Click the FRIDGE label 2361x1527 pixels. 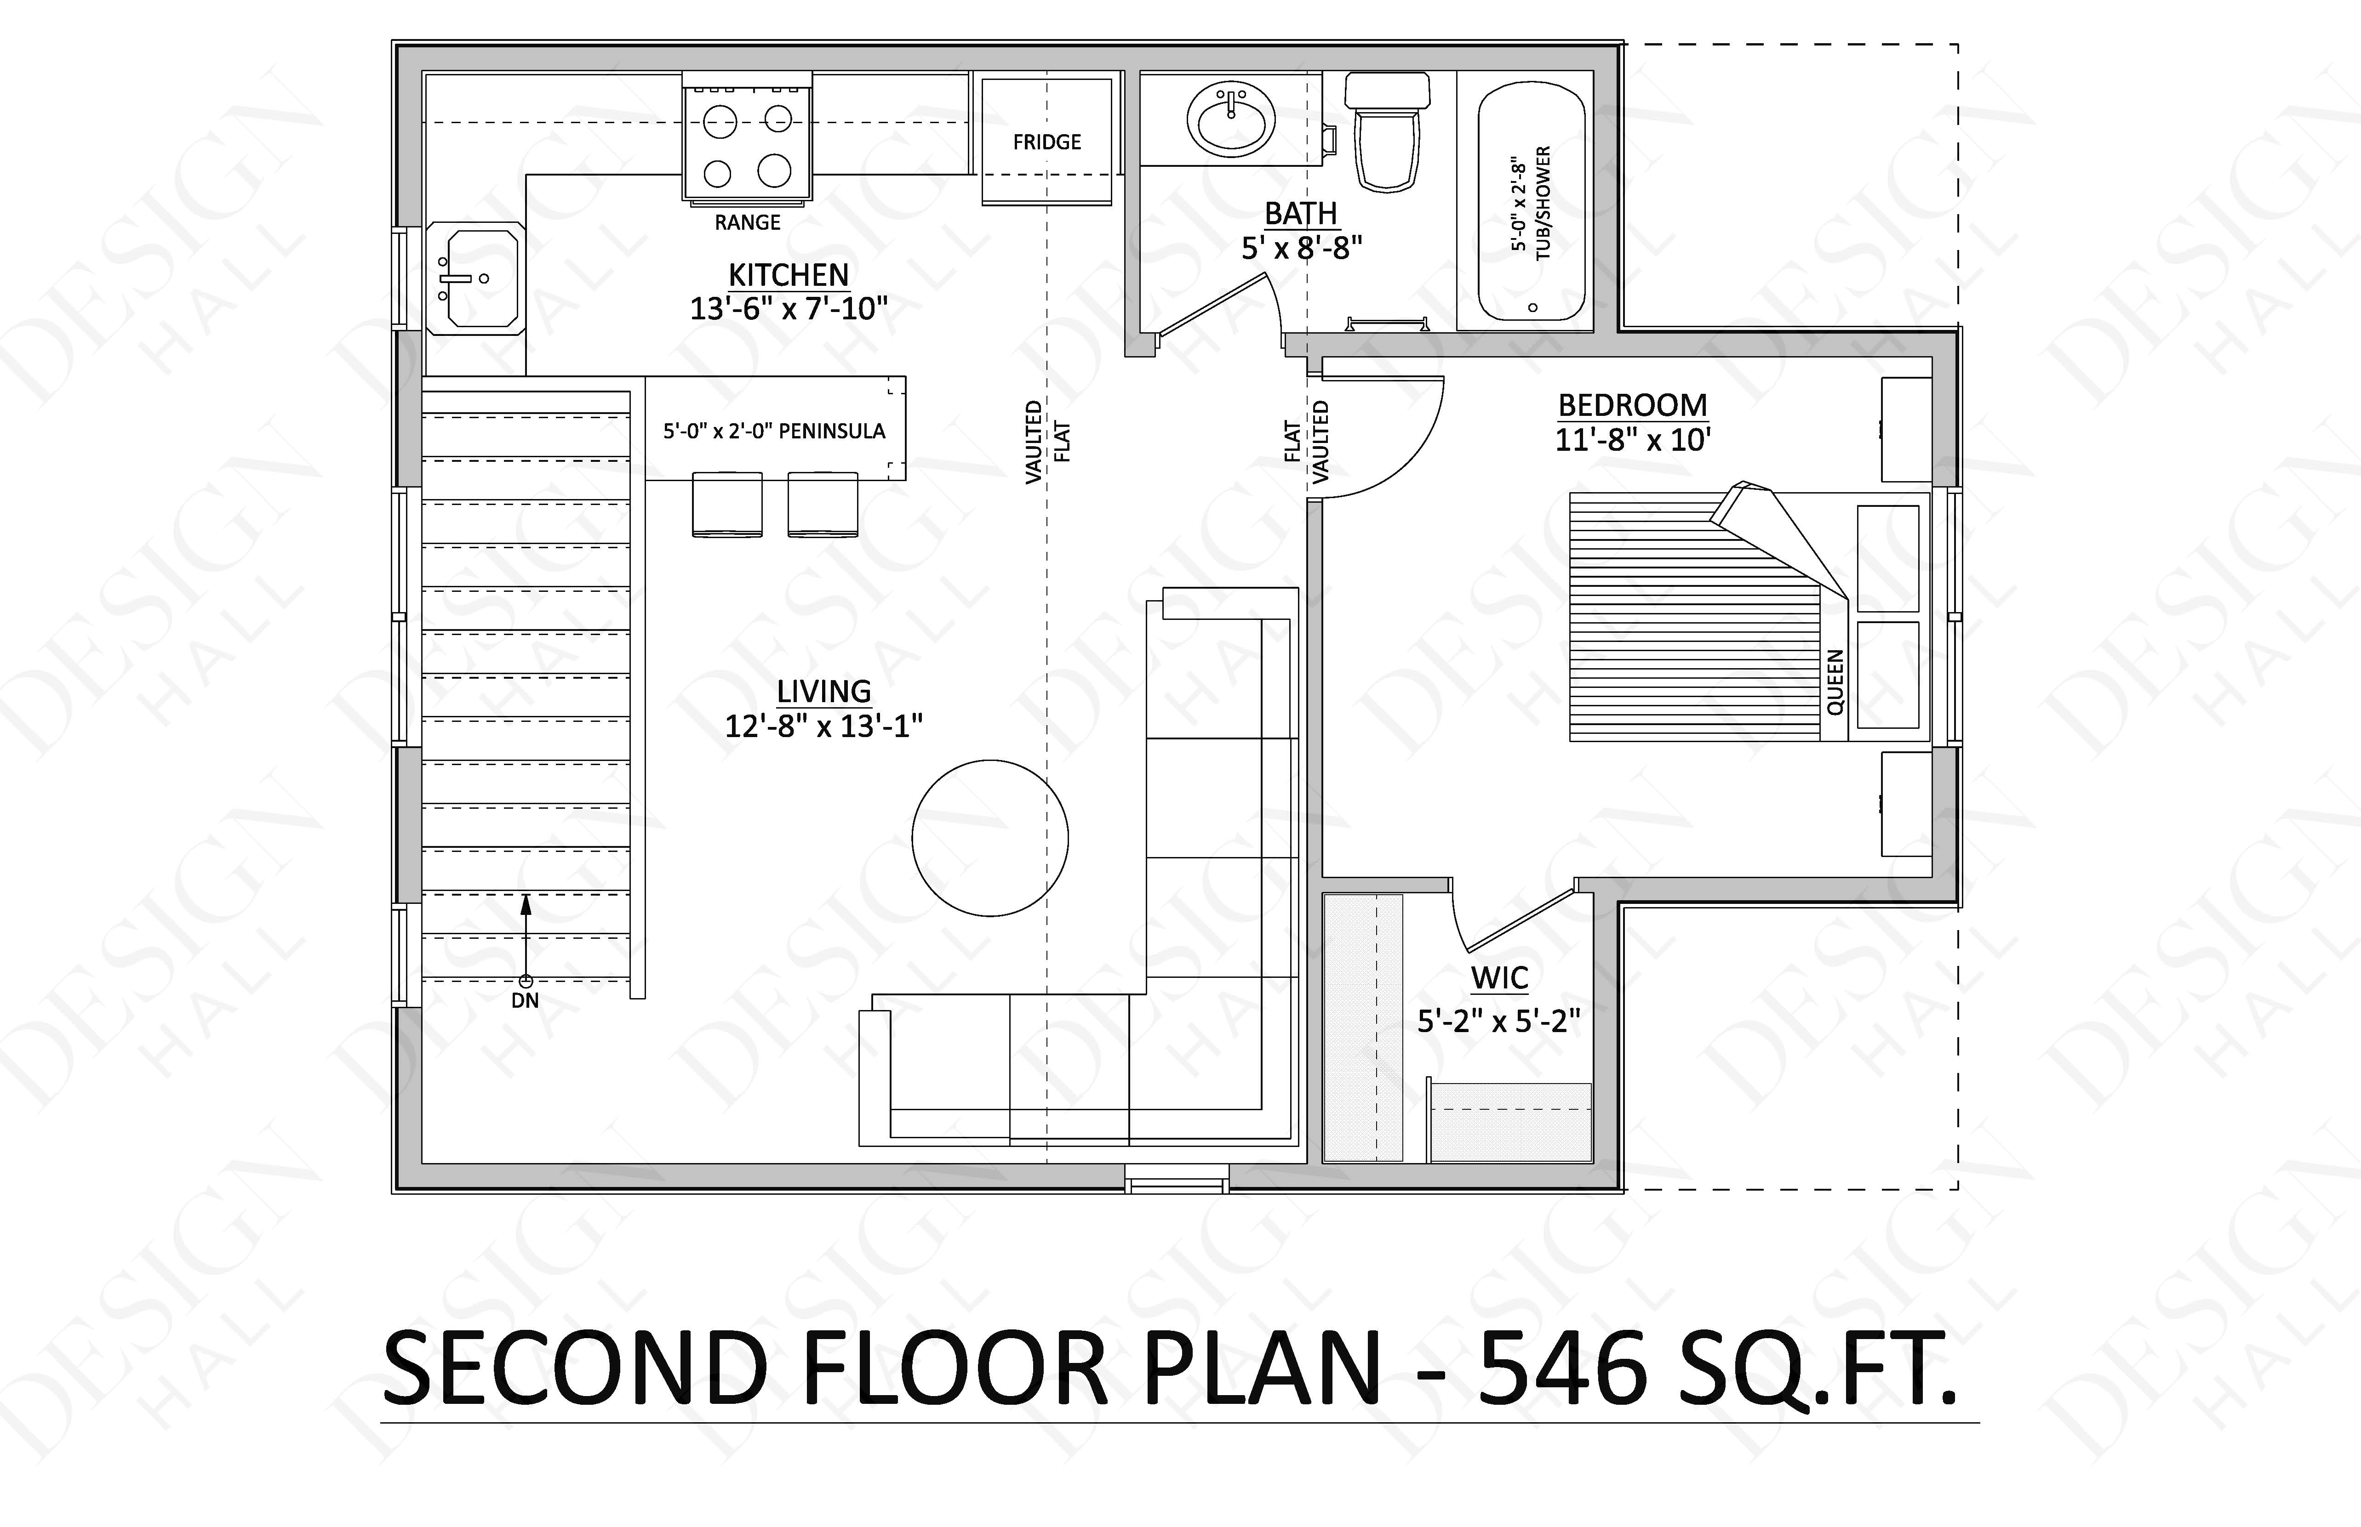pyautogui.click(x=1046, y=142)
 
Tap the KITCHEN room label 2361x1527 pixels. pyautogui.click(x=789, y=275)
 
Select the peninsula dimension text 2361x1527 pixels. pyautogui.click(x=774, y=431)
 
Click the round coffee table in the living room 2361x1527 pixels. pyautogui.click(x=990, y=838)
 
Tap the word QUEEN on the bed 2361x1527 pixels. pyautogui.click(x=1835, y=682)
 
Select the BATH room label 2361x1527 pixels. pyautogui.click(x=1301, y=213)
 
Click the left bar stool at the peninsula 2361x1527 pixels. pyautogui.click(x=727, y=505)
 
